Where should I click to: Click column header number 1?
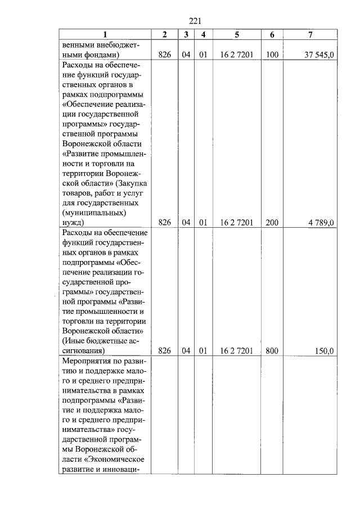tap(105, 35)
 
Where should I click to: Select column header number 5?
tap(237, 35)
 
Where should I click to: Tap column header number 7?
tap(310, 35)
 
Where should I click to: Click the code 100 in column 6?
tap(272, 55)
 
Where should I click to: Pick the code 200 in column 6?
tap(272, 223)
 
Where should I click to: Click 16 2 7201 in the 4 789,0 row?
tap(237, 223)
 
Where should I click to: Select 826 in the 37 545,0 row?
tap(164, 55)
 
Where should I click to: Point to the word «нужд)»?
tap(74, 223)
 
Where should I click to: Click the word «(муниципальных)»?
tap(92, 213)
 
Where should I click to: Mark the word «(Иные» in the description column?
tap(73, 340)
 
